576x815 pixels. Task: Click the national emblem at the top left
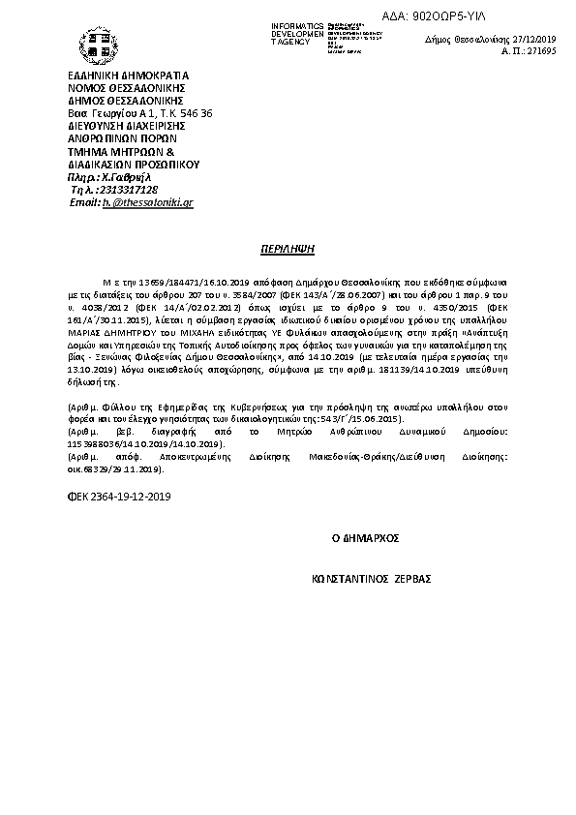coord(94,44)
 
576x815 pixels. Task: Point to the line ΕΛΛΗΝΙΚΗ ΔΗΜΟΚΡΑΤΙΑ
coord(129,76)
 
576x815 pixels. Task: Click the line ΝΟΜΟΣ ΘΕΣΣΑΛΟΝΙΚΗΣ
coord(127,88)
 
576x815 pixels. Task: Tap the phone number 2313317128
coord(136,190)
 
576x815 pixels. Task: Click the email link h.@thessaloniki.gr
coord(148,203)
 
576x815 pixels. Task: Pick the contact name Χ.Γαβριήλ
coord(132,177)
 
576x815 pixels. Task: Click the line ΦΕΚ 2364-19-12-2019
coord(117,496)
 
